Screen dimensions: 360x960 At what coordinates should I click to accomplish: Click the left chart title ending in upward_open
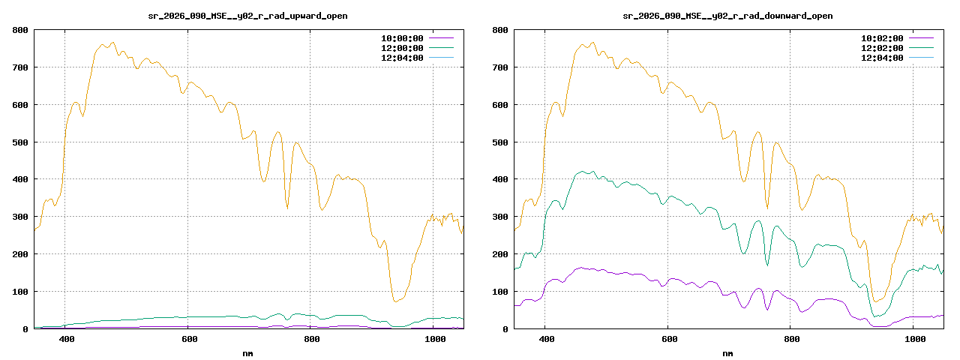coord(247,16)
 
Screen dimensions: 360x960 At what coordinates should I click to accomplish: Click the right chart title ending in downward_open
coord(727,16)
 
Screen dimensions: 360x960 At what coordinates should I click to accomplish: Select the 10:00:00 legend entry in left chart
coord(402,38)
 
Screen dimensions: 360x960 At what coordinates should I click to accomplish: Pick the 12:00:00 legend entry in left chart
coord(402,48)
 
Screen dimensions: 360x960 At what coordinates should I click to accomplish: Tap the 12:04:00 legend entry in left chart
coord(402,58)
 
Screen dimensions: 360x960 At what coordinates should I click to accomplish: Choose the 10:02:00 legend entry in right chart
coord(882,38)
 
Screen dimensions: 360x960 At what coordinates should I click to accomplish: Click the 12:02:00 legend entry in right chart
coord(882,48)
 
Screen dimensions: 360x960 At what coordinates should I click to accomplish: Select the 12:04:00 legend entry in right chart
coord(882,58)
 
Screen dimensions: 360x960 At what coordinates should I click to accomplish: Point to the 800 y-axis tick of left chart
coord(20,30)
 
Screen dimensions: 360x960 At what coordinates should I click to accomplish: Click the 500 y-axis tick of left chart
coord(20,142)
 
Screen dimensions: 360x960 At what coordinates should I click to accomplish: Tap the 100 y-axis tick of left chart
coord(20,292)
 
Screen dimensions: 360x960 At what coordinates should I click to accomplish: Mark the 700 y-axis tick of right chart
coord(500,67)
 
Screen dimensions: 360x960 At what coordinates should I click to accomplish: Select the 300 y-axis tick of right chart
coord(500,217)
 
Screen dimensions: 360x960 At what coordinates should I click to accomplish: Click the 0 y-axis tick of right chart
coord(505,329)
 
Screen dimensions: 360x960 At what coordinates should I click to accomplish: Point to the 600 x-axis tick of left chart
coord(189,340)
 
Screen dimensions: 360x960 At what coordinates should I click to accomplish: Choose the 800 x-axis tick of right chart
coord(792,340)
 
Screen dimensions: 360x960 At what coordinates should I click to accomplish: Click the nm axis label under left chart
coord(247,352)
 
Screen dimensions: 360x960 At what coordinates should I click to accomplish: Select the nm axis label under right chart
coord(727,352)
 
